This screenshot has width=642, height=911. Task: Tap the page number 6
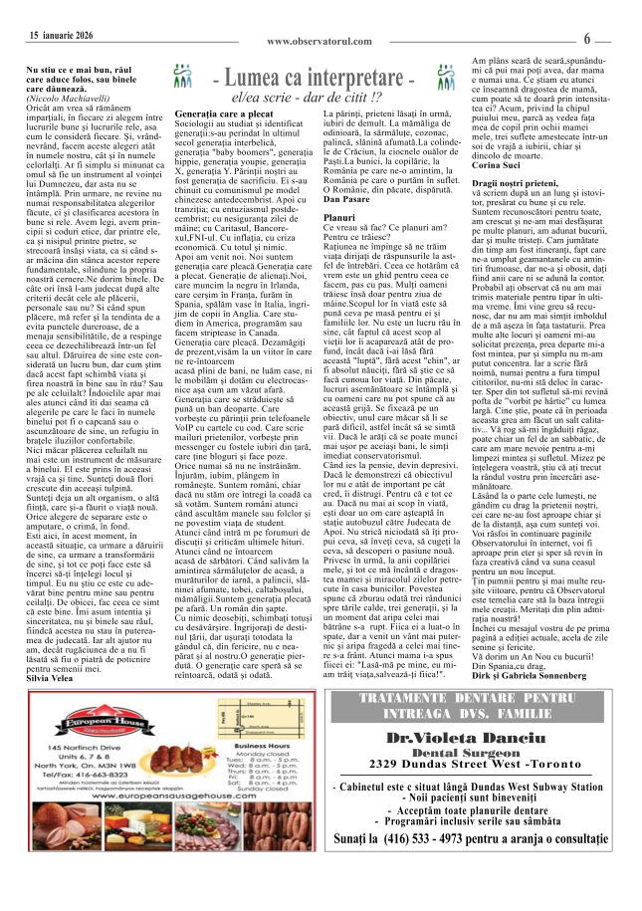615,39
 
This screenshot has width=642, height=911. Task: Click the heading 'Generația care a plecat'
215,115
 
